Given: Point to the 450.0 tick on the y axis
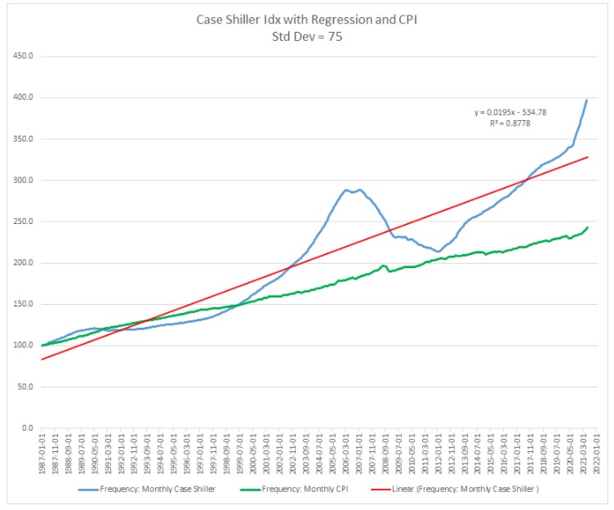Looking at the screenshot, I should [22, 57].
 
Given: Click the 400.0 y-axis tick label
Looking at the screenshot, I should [22, 98].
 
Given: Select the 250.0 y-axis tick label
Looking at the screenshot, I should [22, 221].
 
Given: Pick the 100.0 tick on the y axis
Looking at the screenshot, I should [22, 346].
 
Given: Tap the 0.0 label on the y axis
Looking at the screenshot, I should [26, 428].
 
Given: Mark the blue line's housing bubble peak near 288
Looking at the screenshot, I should [347, 190].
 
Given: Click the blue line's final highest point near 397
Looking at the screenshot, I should [587, 100].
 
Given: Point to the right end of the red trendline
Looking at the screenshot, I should [588, 157].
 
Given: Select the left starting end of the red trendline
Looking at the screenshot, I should [41, 359].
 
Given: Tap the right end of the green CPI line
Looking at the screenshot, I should [588, 227].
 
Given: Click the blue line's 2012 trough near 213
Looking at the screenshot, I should [438, 252].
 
